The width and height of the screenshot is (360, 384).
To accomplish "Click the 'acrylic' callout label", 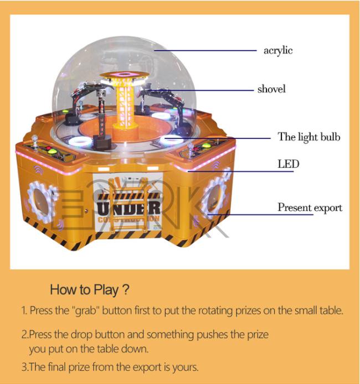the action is point(278,51).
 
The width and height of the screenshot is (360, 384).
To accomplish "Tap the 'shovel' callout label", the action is point(271,89).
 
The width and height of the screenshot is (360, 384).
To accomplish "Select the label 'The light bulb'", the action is point(309,137).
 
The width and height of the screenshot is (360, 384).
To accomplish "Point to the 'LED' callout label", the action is point(288,164).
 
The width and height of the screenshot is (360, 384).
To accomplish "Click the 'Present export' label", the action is point(310,207).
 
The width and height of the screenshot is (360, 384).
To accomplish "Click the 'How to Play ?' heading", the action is point(90,289).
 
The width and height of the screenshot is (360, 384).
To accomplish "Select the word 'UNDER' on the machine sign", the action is point(128,209).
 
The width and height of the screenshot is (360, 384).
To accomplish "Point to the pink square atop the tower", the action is point(124,74).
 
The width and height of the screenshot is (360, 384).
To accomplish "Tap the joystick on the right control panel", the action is point(189,148).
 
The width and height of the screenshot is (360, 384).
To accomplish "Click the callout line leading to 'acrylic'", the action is point(205,51).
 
